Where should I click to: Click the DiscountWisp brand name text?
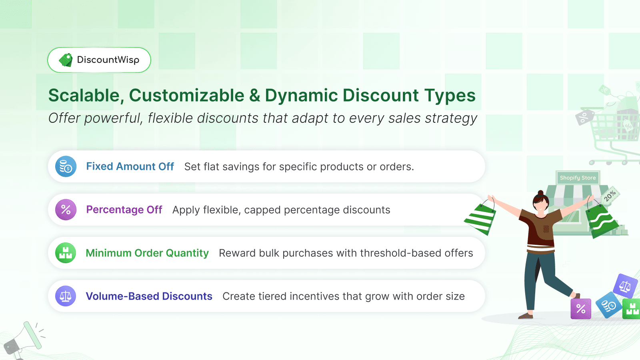point(108,60)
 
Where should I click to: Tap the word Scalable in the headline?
point(84,96)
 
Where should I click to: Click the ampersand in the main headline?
point(254,96)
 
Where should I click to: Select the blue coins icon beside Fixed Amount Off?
point(66,166)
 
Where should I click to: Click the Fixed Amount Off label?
point(130,166)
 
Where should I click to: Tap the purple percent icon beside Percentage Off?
point(66,210)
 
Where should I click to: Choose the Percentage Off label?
point(124,210)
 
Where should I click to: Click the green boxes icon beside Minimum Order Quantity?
point(66,253)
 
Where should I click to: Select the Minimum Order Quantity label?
point(147,253)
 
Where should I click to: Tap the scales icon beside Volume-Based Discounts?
point(66,296)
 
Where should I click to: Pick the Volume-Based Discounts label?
point(149,296)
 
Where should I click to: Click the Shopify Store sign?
point(578,178)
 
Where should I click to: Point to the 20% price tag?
point(610,196)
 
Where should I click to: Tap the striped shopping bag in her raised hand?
point(481,218)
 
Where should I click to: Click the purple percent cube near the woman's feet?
point(581,309)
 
